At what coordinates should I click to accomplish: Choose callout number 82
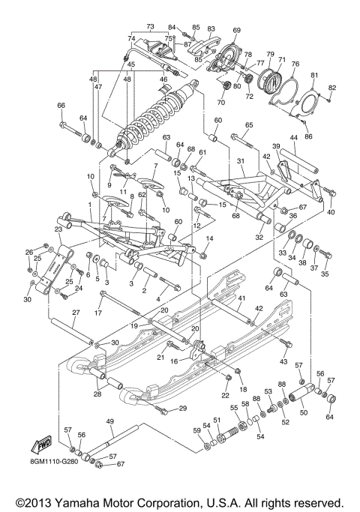tap(332, 88)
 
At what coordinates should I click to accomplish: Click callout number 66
tap(61, 105)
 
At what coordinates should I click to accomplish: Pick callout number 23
tap(57, 229)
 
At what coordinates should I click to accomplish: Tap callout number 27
tap(76, 312)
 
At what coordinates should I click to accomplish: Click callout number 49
tap(111, 421)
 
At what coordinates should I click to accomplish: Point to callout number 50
tap(303, 412)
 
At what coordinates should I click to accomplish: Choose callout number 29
tap(181, 407)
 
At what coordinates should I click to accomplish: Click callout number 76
tap(295, 64)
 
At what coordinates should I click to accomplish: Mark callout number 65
tap(249, 125)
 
